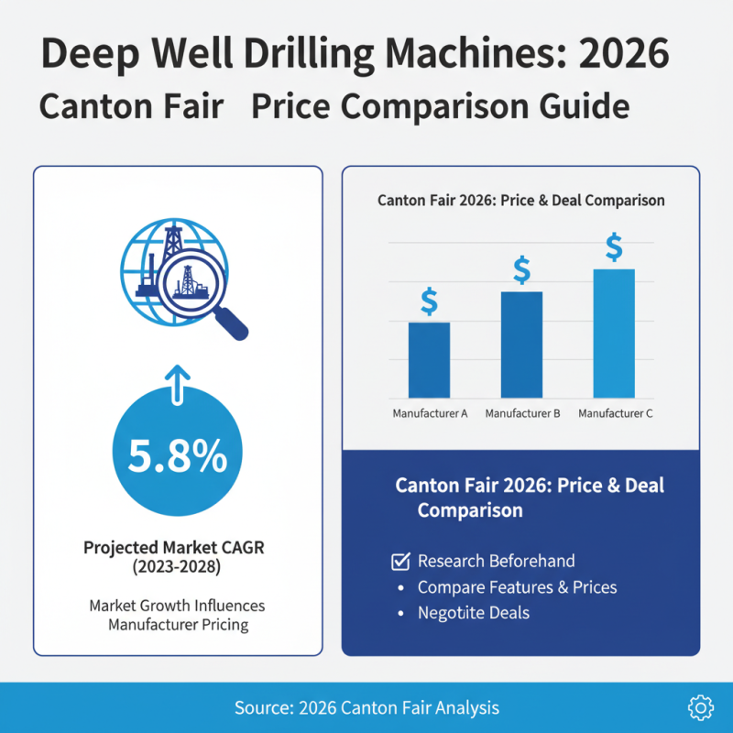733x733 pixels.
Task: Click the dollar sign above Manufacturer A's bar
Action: click(x=429, y=301)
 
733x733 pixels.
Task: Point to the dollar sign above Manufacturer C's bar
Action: click(x=614, y=246)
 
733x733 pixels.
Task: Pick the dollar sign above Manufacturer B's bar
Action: click(x=521, y=269)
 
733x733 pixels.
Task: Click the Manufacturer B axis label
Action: click(x=522, y=414)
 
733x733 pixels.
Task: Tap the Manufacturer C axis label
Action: click(x=616, y=414)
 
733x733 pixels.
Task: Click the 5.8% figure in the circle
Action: click(x=177, y=456)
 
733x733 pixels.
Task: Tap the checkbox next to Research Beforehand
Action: click(x=399, y=561)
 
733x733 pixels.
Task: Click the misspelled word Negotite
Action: click(x=449, y=612)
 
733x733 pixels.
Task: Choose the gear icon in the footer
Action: click(x=699, y=706)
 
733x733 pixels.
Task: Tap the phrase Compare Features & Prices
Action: click(x=517, y=586)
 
